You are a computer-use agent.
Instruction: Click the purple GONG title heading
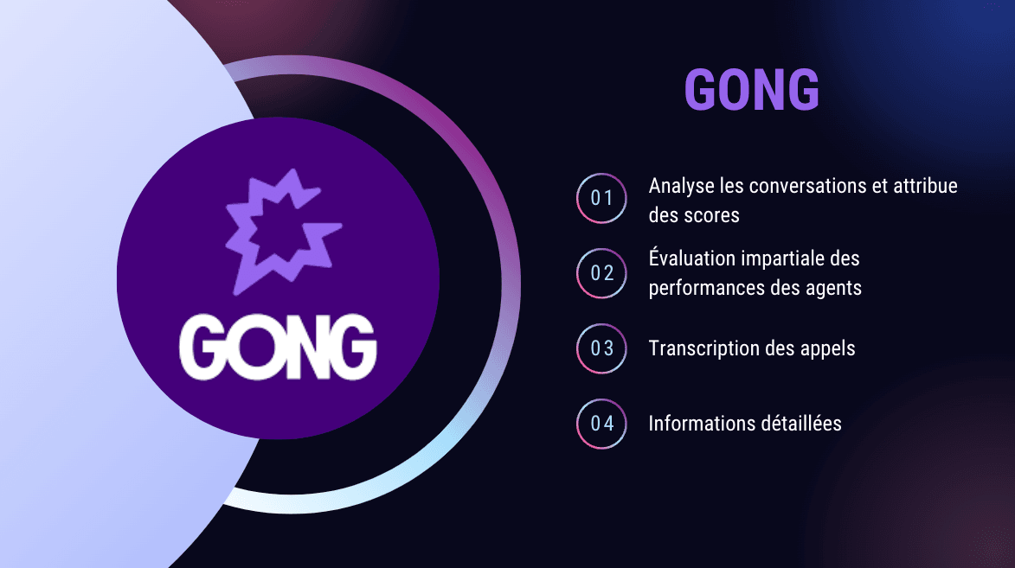click(x=751, y=89)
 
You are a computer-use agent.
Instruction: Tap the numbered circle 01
click(x=601, y=198)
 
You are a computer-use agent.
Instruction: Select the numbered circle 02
click(x=601, y=273)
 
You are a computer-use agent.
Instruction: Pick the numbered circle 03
click(x=601, y=348)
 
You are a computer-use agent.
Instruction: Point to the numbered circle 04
click(x=601, y=424)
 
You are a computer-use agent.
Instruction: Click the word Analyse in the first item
click(x=678, y=187)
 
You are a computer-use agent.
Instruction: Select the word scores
click(x=711, y=215)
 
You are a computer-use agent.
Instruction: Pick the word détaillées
click(x=800, y=424)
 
